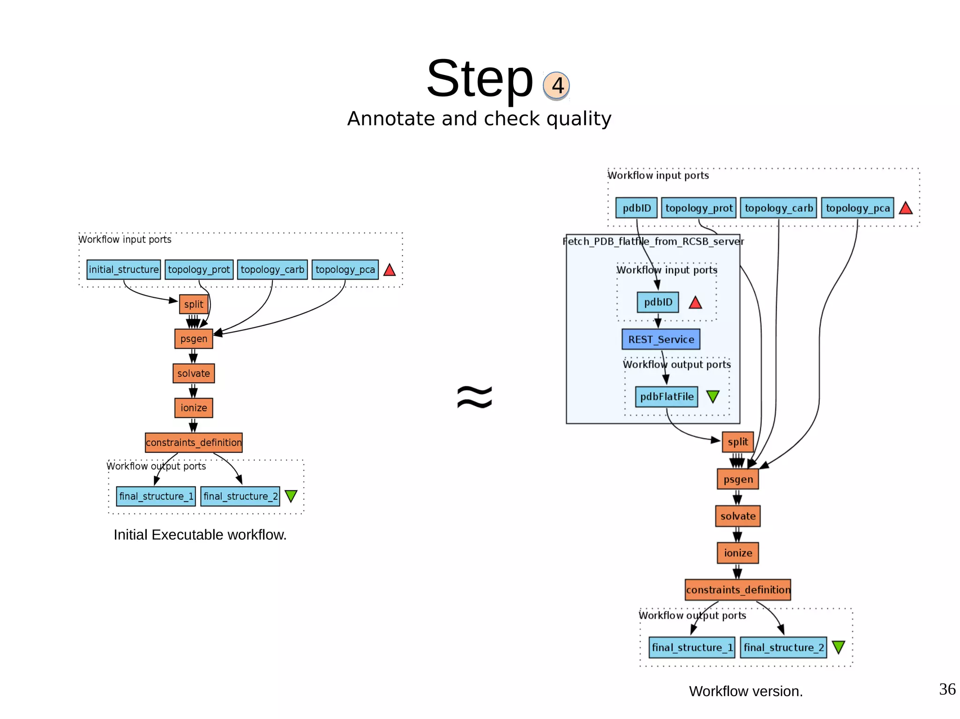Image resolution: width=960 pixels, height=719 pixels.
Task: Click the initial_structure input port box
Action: [124, 270]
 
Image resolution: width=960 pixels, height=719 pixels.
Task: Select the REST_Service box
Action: [661, 340]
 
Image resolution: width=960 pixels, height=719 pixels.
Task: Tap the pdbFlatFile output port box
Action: [667, 397]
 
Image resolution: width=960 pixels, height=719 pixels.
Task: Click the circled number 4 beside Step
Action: [556, 86]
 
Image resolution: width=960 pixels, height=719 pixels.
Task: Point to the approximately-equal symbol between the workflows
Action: [474, 397]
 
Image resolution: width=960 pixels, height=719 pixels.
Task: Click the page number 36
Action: [947, 689]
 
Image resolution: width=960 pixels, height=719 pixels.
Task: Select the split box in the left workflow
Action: [194, 304]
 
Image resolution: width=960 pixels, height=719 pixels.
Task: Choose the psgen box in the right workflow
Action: [738, 479]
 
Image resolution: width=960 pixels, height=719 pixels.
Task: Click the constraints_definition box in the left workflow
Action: [194, 443]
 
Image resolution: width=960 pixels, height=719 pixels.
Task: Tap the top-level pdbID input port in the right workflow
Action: [637, 208]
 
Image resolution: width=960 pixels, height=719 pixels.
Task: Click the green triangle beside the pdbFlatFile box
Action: [712, 397]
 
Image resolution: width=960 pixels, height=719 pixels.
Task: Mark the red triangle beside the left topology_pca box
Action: [390, 270]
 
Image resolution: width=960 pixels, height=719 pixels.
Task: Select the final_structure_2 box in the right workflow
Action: [783, 647]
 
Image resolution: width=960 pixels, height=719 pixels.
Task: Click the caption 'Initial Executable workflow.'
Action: [200, 534]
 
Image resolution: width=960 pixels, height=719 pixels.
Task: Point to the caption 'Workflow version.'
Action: [745, 691]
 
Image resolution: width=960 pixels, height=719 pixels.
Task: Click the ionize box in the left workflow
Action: [194, 408]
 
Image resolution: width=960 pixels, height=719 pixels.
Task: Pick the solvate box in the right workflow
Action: [738, 516]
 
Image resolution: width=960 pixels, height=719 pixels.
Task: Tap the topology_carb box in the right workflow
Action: [779, 208]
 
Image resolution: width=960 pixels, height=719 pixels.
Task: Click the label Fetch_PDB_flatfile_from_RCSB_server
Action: [653, 242]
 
